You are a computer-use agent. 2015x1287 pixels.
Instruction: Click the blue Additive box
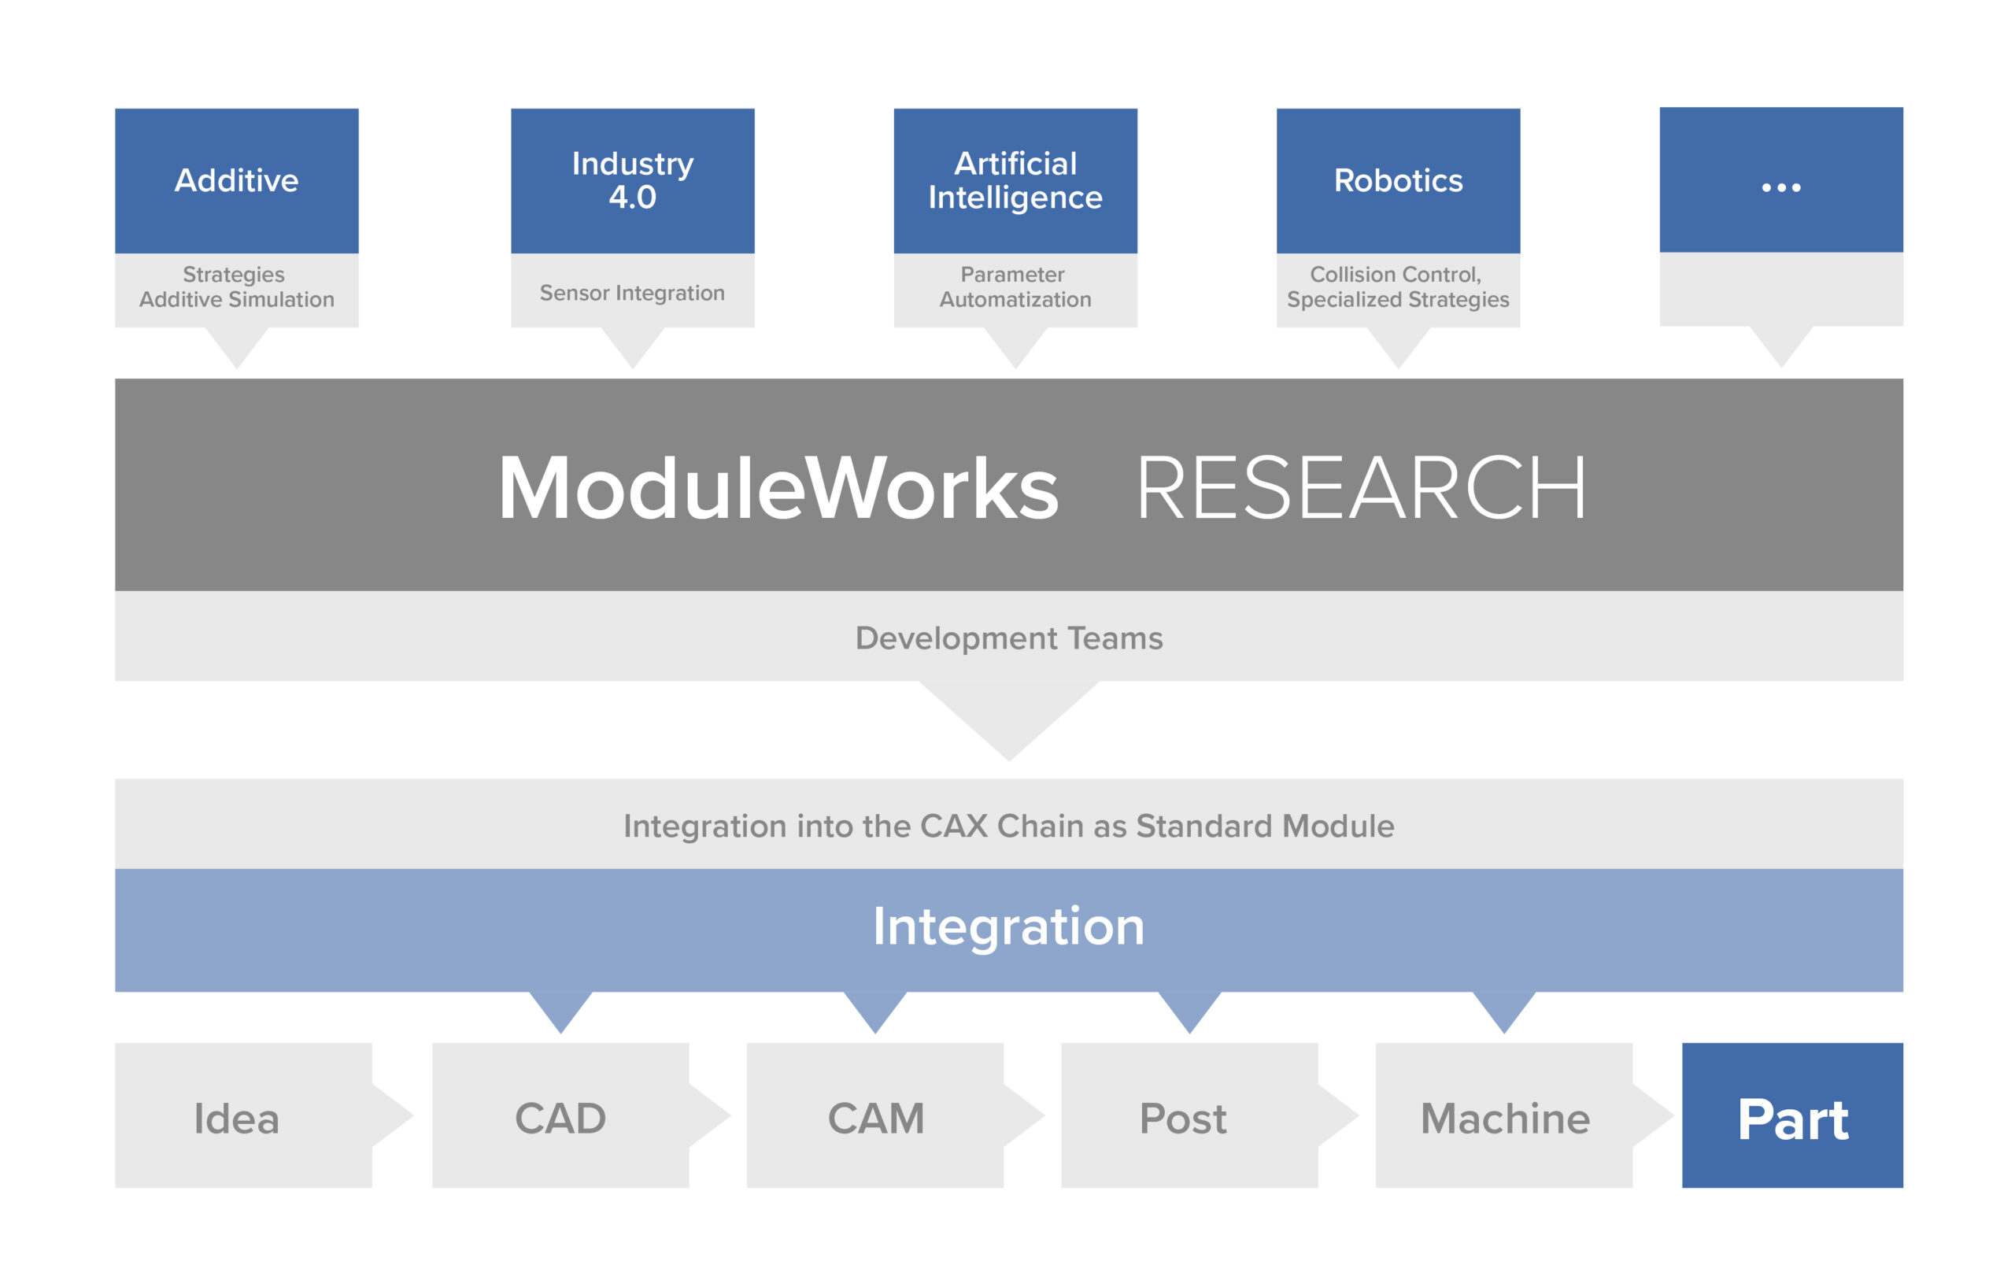click(x=236, y=181)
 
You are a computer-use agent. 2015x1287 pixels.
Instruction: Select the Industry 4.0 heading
click(x=632, y=180)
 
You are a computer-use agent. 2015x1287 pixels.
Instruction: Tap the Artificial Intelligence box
click(x=1015, y=180)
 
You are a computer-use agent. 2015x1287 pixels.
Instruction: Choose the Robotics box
click(x=1397, y=181)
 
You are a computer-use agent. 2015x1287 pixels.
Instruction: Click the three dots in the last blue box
click(x=1780, y=187)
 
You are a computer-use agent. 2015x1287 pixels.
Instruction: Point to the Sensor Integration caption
click(x=632, y=293)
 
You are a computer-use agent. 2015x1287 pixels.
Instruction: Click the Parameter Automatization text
click(x=1015, y=287)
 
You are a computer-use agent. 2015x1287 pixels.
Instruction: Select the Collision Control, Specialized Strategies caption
click(x=1397, y=287)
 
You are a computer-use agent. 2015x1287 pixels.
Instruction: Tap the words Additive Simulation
click(x=236, y=300)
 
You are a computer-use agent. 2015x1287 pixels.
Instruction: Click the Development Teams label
click(x=1008, y=638)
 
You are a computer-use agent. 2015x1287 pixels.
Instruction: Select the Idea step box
click(x=236, y=1118)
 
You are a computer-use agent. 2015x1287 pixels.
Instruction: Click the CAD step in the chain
click(x=560, y=1118)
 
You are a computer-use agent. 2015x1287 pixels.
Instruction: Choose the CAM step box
click(x=875, y=1118)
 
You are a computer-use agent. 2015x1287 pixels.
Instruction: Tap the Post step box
click(x=1182, y=1118)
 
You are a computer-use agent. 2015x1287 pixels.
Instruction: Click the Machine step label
click(x=1504, y=1118)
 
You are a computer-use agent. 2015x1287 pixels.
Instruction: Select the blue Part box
click(x=1792, y=1118)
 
